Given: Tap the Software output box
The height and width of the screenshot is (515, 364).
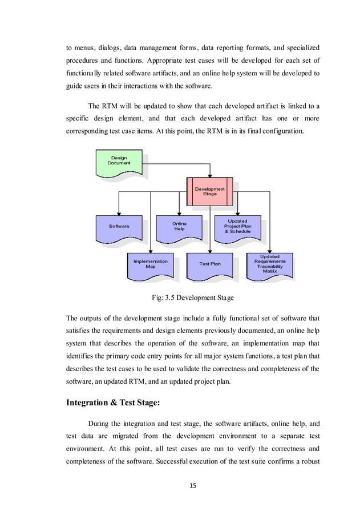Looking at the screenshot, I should tap(119, 227).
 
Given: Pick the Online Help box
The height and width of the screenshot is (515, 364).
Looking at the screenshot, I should tap(179, 227).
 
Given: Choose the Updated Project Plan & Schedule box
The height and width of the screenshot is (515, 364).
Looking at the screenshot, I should tap(237, 226).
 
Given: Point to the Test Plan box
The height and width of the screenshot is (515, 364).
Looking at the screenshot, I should tap(209, 264).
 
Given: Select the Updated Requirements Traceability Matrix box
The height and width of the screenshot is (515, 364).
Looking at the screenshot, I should tap(269, 264).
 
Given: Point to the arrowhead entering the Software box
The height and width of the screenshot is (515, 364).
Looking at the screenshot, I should tap(119, 213).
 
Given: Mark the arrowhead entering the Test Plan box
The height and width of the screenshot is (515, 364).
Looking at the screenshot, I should tap(209, 251).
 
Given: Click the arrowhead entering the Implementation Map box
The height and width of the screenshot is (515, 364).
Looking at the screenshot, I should tap(150, 251).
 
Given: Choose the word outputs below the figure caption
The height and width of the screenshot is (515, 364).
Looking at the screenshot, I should tap(91, 316).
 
